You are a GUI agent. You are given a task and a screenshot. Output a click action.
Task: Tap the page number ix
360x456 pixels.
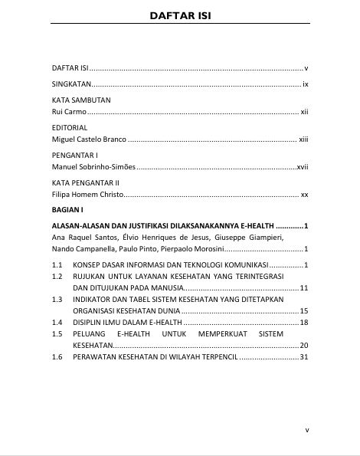tap(305, 84)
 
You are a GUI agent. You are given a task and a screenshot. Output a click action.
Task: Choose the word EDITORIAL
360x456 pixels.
tap(70, 128)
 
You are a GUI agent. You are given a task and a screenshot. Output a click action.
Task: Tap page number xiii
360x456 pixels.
tap(303, 139)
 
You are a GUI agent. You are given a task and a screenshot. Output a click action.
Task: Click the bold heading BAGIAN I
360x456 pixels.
tap(67, 209)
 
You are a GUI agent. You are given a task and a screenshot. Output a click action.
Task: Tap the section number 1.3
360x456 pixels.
tap(57, 300)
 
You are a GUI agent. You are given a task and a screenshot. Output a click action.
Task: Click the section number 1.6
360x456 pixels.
tap(57, 357)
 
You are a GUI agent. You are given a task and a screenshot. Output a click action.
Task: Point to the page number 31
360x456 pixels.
tap(303, 357)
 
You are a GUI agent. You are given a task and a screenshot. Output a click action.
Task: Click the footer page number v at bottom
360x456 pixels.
tap(306, 431)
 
